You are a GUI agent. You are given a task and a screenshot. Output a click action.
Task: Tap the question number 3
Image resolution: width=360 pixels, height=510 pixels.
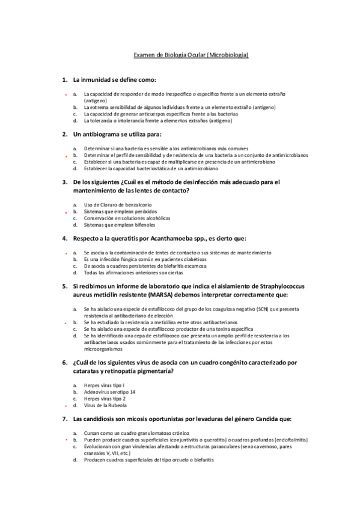(x=64, y=181)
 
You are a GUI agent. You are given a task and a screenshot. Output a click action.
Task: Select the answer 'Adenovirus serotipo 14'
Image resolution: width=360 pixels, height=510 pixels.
(x=109, y=392)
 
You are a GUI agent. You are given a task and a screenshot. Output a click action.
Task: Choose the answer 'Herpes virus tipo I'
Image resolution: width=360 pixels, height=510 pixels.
(x=104, y=384)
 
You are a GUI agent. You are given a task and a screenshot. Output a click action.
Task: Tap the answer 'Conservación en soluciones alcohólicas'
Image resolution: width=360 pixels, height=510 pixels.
(x=127, y=218)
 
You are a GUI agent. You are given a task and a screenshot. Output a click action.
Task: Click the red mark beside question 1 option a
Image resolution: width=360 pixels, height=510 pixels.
(x=67, y=95)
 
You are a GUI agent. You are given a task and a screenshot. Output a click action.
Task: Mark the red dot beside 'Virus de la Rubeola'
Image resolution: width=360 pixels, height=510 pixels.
(x=67, y=406)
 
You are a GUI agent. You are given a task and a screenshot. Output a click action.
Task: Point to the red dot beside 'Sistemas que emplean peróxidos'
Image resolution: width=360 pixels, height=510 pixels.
(x=67, y=213)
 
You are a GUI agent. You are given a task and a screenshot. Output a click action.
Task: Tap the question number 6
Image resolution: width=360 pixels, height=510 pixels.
(x=64, y=363)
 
